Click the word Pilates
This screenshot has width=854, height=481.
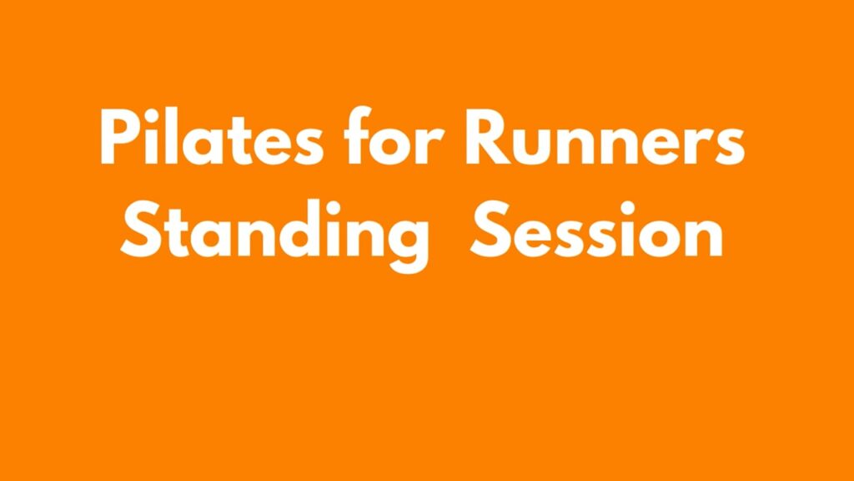click(212, 137)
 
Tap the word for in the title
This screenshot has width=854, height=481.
click(393, 135)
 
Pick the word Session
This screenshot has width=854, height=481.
click(597, 229)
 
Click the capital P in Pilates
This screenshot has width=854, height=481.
click(120, 137)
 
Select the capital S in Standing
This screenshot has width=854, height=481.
click(141, 230)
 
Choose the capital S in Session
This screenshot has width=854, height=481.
click(490, 230)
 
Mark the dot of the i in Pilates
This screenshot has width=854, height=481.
click(154, 114)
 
